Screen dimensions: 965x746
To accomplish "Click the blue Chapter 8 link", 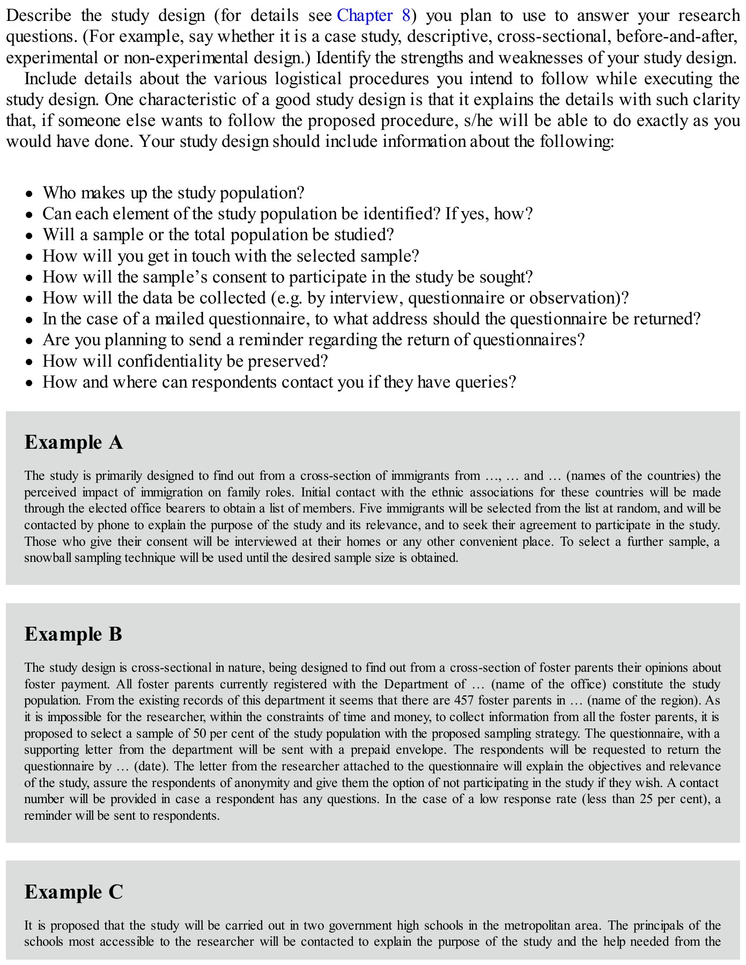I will click(x=374, y=16).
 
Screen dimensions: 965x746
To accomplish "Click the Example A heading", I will click(x=74, y=442).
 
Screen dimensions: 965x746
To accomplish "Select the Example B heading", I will click(x=73, y=634).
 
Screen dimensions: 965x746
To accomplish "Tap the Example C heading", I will click(x=74, y=892).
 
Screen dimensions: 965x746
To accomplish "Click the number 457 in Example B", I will click(x=463, y=700).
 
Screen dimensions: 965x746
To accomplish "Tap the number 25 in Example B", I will click(x=647, y=799).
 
